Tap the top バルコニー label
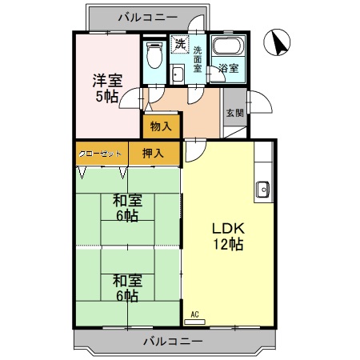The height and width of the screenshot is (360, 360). tap(146, 15)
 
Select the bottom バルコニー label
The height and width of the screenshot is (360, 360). tap(174, 342)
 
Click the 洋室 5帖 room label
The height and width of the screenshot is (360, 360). tap(105, 87)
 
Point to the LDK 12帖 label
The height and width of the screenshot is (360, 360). tap(227, 236)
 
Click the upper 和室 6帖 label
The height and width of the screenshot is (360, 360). tap(126, 208)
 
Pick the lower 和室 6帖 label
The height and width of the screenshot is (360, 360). tap(127, 287)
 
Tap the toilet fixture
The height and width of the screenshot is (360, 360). tap(154, 56)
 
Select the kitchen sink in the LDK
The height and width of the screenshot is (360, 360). tap(262, 190)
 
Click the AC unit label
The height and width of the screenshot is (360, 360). tap(194, 315)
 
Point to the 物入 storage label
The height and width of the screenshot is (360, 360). tap(160, 126)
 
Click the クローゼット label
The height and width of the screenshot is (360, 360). tap(101, 153)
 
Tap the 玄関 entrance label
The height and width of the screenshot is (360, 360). tap(231, 113)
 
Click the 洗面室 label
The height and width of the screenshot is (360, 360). tap(198, 59)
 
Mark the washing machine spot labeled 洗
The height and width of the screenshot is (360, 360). tap(181, 43)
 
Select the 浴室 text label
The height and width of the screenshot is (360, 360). tap(229, 68)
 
